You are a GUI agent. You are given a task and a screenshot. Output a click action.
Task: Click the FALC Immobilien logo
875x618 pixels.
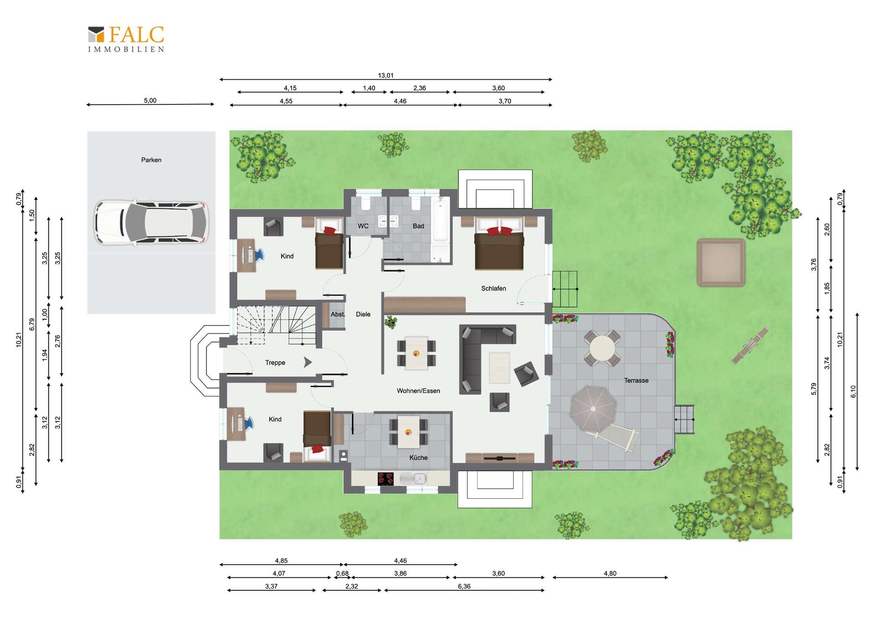tap(126, 39)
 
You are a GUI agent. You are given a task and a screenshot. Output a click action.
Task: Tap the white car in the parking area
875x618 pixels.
tap(151, 223)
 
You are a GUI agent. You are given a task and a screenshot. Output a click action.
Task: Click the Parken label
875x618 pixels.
tap(151, 160)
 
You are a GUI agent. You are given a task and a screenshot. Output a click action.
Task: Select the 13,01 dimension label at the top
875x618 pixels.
tap(386, 75)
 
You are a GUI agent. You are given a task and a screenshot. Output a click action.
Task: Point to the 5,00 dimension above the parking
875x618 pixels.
tap(150, 100)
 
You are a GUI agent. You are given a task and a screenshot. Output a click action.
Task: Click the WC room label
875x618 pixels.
tap(363, 226)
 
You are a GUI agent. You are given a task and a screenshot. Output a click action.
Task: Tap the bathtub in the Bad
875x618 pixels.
tap(441, 219)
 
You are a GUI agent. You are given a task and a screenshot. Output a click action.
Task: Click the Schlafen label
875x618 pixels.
tap(494, 288)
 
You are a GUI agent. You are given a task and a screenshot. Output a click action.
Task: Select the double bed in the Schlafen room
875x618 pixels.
tap(499, 243)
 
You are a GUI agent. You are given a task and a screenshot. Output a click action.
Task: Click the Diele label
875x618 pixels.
tap(363, 314)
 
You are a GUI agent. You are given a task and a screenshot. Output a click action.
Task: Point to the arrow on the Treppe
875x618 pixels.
tap(308, 362)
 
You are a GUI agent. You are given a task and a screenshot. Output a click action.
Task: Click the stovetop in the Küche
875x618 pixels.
tap(386, 479)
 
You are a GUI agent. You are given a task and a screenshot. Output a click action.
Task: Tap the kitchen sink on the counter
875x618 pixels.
tap(413, 478)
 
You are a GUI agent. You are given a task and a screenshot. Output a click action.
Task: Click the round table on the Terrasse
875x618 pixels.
tap(602, 348)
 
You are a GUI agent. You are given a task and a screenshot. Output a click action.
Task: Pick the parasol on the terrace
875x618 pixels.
tap(593, 409)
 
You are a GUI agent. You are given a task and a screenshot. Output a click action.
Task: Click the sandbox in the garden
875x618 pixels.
tap(721, 263)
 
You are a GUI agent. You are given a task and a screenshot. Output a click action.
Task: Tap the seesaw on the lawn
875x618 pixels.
tap(750, 346)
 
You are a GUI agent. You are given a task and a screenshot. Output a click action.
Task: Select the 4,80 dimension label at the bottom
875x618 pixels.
tap(610, 573)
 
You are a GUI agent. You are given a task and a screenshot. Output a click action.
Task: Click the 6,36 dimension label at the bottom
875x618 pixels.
tap(464, 586)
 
